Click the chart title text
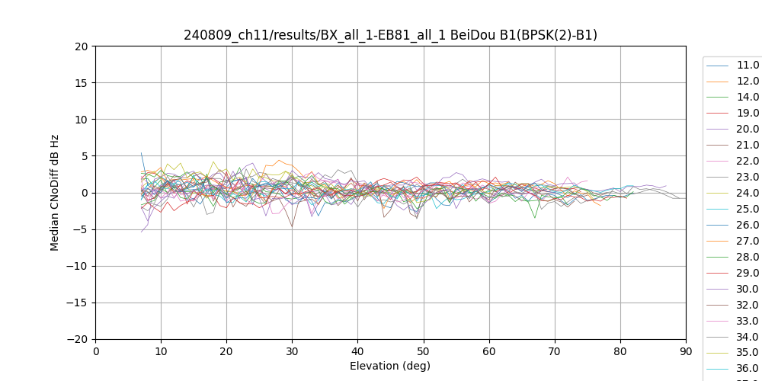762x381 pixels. [x=390, y=35]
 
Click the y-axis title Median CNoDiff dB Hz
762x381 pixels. [x=55, y=193]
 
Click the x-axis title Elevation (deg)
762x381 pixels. [x=390, y=366]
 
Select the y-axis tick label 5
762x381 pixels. [x=85, y=156]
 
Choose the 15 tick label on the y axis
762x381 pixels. [x=82, y=83]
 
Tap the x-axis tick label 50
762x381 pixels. [x=424, y=351]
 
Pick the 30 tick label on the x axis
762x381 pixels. [x=292, y=351]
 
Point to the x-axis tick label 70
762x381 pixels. [x=555, y=351]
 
